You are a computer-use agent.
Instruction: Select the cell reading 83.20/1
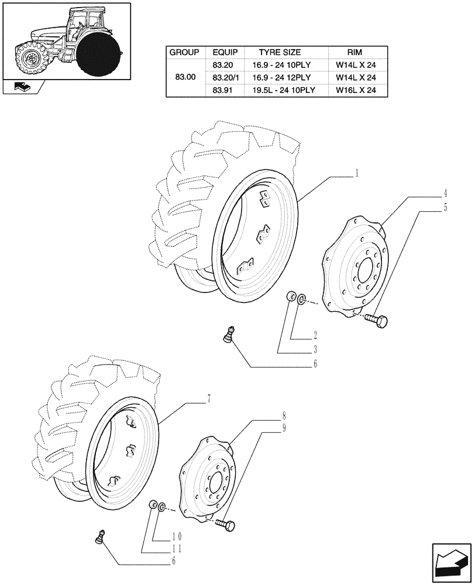click(226, 77)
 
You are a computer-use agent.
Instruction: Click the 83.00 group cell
click(185, 77)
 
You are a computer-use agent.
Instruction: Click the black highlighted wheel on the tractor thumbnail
click(98, 55)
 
